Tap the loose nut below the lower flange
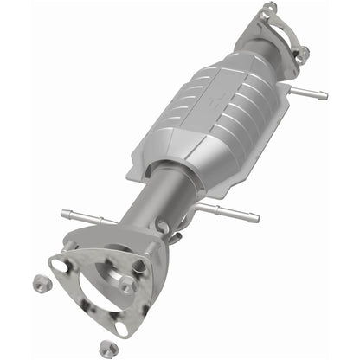(106, 348)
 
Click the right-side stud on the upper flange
(302, 55)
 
